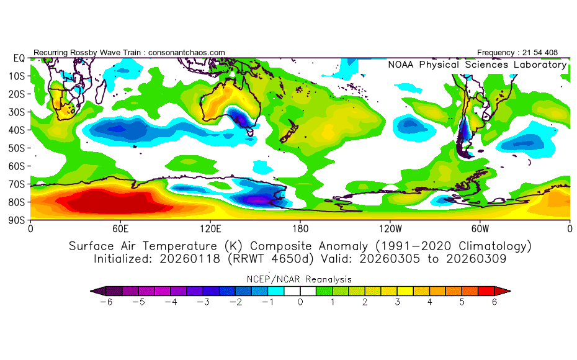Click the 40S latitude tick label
(x=17, y=130)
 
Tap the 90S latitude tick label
(x=17, y=220)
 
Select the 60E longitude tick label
(x=120, y=228)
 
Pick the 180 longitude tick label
(x=300, y=228)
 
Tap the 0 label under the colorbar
(x=300, y=302)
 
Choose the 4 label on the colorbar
(x=430, y=302)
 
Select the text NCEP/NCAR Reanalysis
(x=300, y=279)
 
